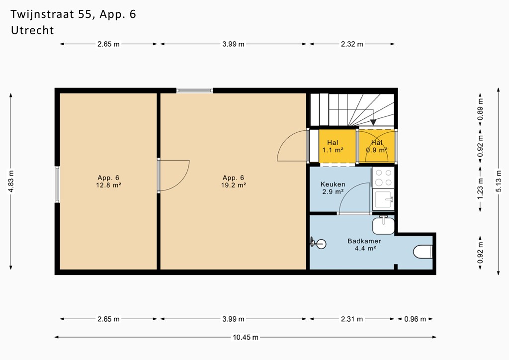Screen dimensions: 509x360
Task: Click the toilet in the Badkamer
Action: click(423, 252)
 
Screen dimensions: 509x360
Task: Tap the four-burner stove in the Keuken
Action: click(383, 178)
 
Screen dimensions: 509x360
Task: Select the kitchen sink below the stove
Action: click(383, 199)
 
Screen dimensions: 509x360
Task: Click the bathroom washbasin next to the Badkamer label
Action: click(383, 225)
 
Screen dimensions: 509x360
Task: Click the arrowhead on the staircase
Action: click(373, 122)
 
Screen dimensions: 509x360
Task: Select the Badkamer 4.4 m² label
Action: click(364, 245)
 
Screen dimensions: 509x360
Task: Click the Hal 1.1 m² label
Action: click(333, 146)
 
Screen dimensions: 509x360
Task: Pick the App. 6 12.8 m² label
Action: click(108, 181)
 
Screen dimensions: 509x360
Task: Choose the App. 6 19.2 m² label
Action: click(233, 181)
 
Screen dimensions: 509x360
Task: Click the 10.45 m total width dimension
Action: click(246, 337)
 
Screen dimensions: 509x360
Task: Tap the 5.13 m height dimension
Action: click(499, 181)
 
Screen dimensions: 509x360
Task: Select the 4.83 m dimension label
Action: click(11, 181)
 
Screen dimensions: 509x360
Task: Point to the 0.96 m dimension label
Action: click(415, 319)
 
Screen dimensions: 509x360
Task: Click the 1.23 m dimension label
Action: click(481, 189)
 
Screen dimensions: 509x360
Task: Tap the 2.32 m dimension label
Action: click(352, 44)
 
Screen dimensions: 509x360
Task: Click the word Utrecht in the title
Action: click(32, 30)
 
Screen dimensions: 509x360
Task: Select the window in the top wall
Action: click(195, 90)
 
